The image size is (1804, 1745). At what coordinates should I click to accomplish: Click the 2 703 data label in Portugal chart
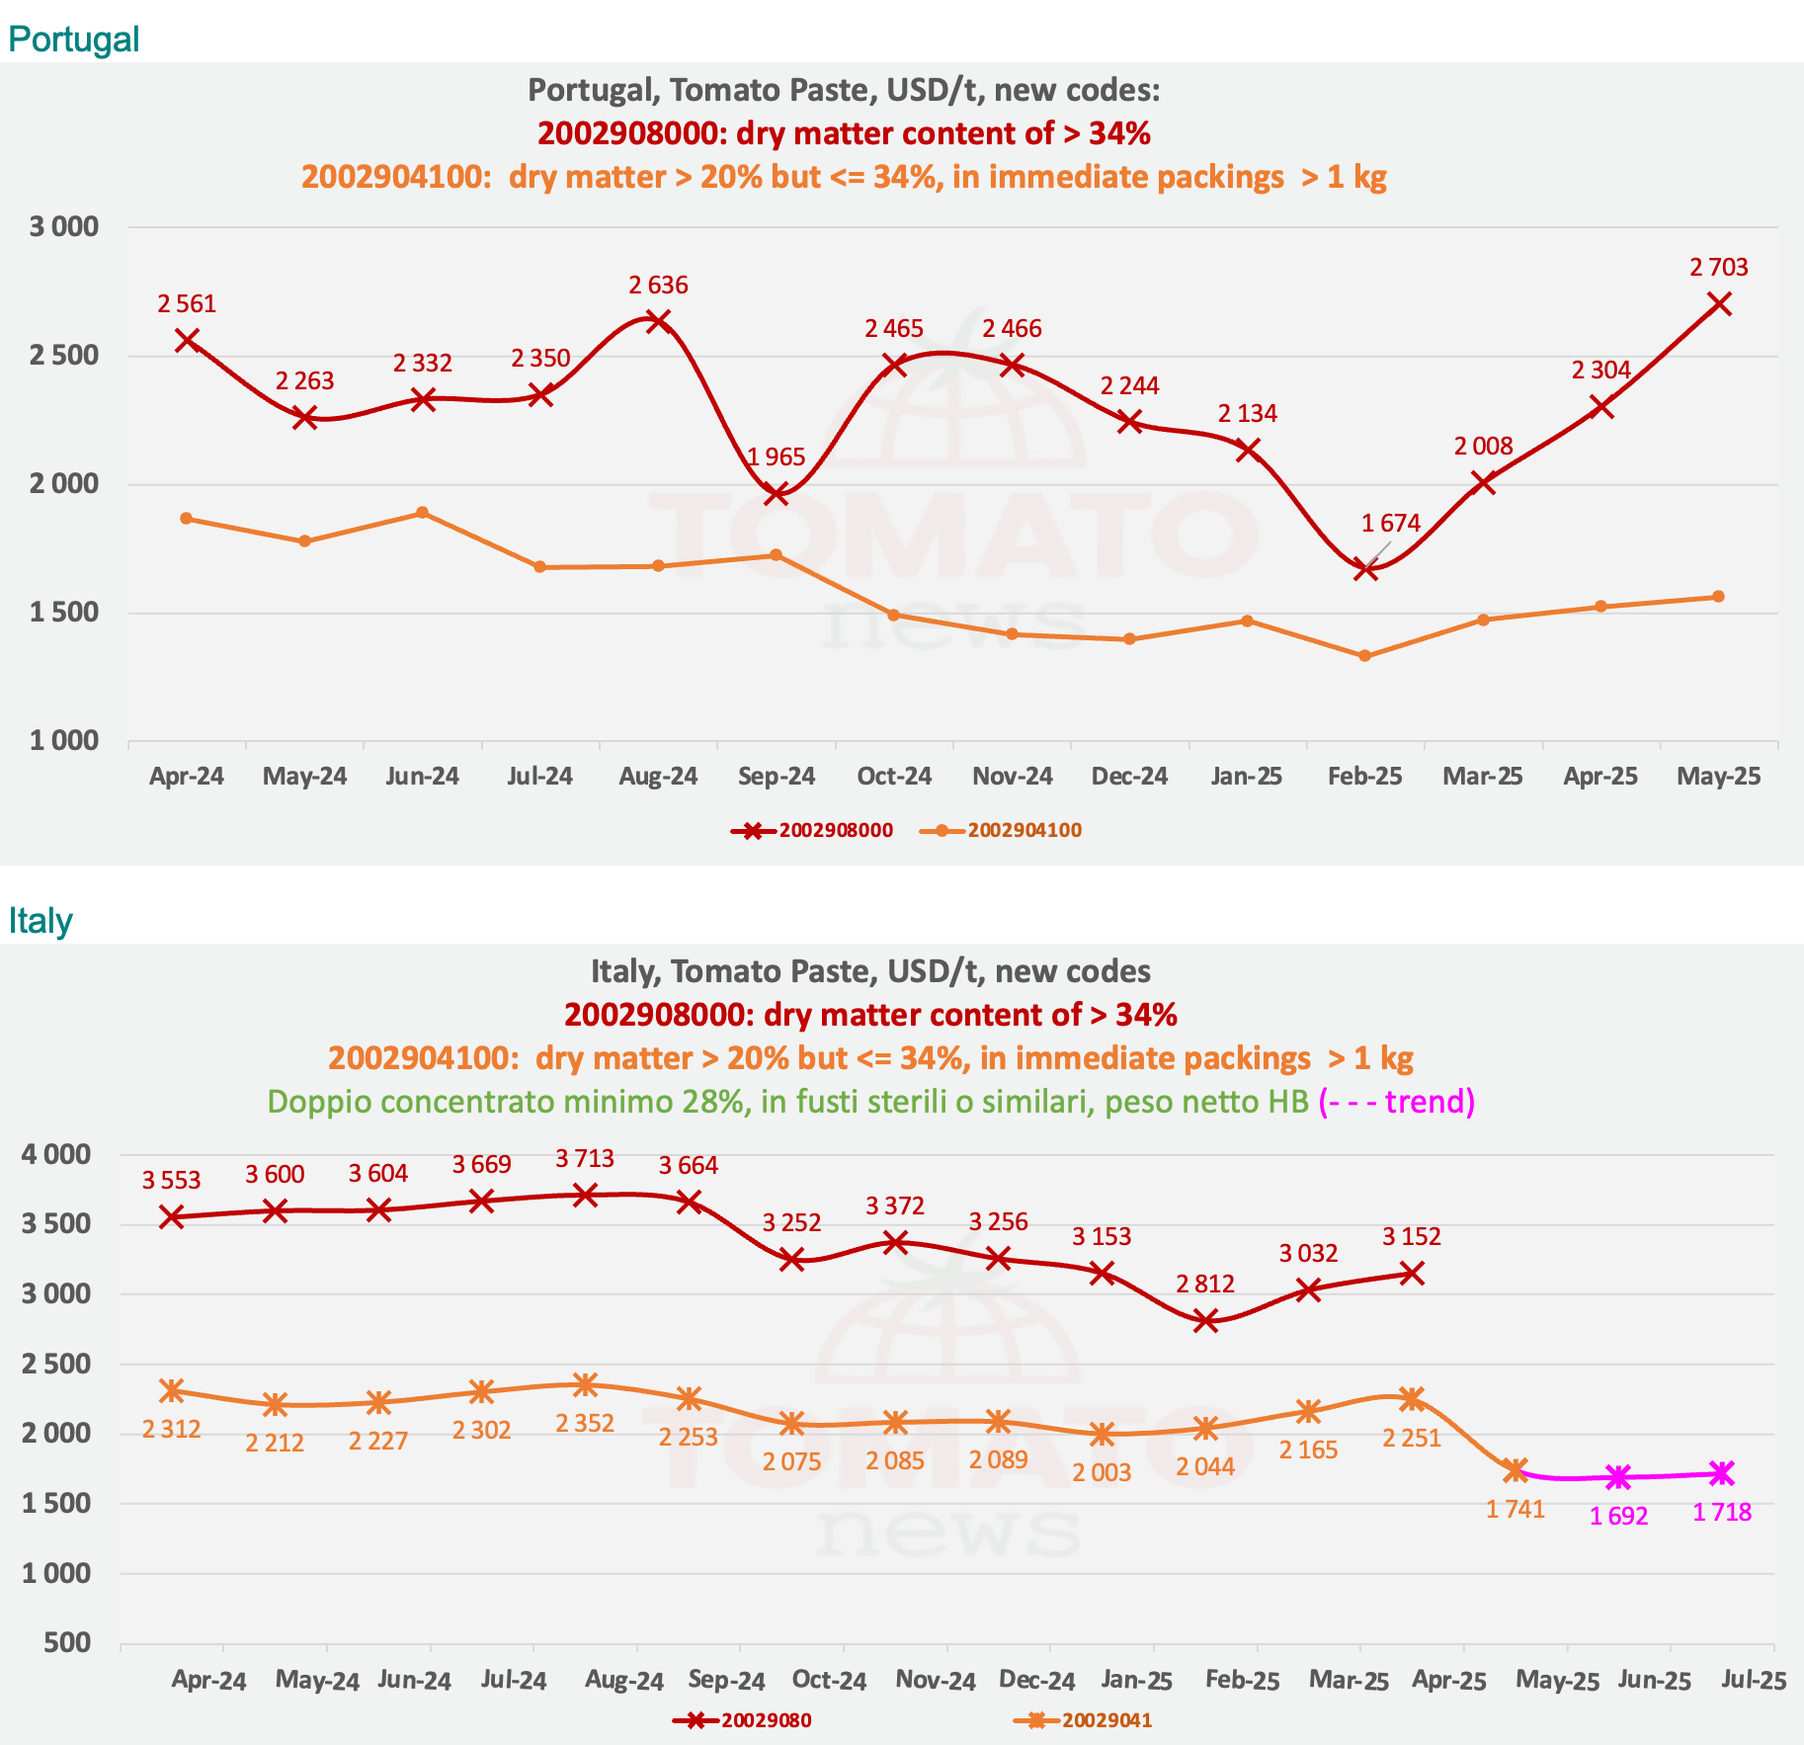[x=1718, y=268]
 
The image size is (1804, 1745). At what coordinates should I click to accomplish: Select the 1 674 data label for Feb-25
[x=1390, y=524]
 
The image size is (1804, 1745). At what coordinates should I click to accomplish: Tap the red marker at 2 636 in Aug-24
[x=658, y=320]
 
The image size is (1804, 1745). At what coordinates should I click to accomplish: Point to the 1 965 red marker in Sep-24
[x=777, y=493]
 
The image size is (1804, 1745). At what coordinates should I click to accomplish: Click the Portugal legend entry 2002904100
[x=1024, y=831]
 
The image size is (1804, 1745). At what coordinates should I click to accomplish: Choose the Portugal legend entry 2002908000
[x=835, y=831]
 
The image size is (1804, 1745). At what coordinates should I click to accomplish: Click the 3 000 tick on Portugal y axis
[x=64, y=227]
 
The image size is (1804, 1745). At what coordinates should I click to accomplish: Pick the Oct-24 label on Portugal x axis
[x=894, y=777]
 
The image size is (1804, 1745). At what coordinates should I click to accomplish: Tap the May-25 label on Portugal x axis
[x=1718, y=777]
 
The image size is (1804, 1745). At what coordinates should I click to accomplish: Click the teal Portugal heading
[x=73, y=40]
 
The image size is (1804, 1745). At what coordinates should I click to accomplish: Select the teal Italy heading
[x=41, y=921]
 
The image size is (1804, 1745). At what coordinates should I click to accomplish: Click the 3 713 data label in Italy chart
[x=585, y=1158]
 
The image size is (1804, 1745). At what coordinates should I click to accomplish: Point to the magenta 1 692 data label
[x=1618, y=1516]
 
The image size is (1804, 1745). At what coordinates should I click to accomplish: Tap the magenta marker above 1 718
[x=1722, y=1473]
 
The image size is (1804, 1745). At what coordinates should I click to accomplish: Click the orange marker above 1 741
[x=1516, y=1470]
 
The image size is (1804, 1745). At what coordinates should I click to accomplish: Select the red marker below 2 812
[x=1205, y=1321]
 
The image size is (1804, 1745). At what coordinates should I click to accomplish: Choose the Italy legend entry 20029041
[x=1107, y=1720]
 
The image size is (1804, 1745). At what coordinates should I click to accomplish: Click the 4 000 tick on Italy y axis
[x=55, y=1154]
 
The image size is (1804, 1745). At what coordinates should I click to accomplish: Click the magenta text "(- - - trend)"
[x=1396, y=1102]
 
